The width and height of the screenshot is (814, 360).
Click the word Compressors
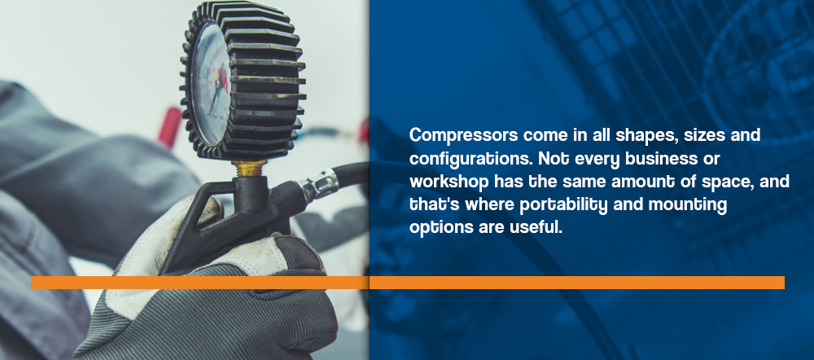(464, 135)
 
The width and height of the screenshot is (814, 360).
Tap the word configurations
(470, 159)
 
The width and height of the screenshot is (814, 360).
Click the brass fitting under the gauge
(249, 168)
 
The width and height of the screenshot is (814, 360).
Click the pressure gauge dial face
(211, 84)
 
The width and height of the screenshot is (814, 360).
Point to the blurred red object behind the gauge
(170, 128)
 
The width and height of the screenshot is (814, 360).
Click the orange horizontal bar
(408, 283)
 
